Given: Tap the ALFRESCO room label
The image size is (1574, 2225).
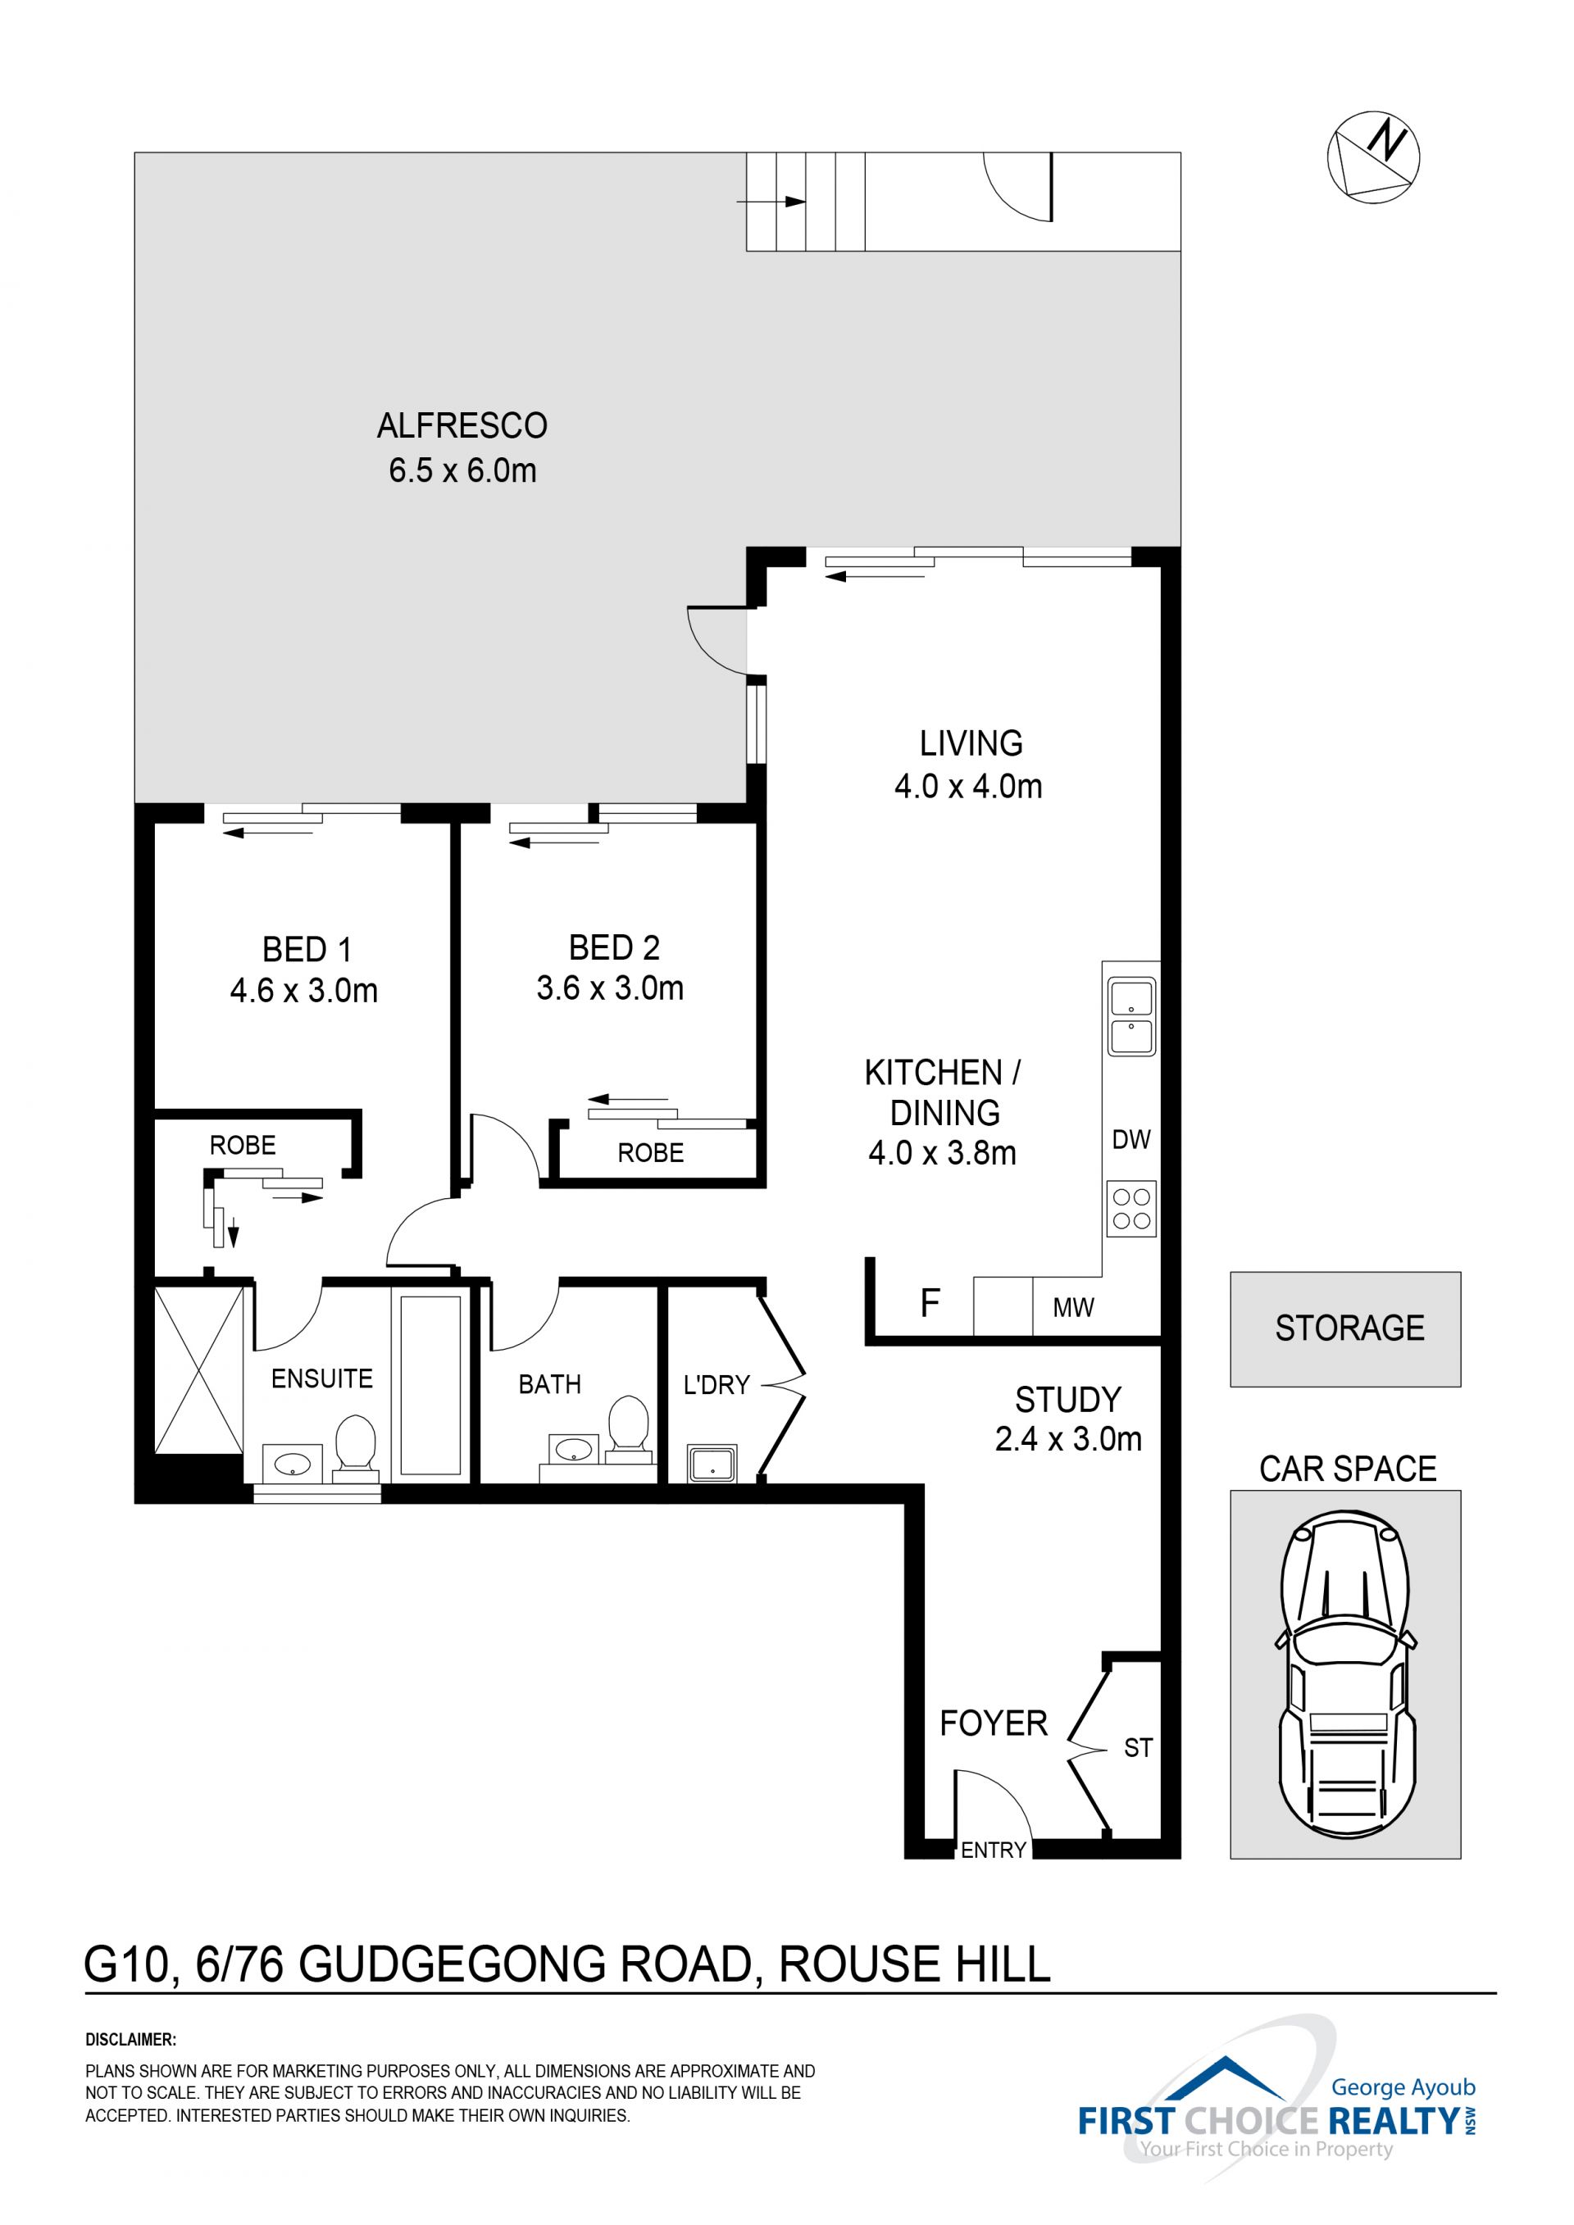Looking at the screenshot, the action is [462, 425].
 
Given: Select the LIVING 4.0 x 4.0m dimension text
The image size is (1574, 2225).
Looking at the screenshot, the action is [969, 786].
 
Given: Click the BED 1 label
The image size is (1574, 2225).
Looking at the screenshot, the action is [307, 950].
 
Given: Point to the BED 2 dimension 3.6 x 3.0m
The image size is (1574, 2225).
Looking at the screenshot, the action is [611, 988].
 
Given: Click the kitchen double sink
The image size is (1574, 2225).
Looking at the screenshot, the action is [1131, 1016].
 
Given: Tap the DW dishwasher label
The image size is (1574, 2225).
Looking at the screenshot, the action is [1131, 1140].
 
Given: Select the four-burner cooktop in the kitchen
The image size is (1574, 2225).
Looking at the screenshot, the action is [1131, 1209].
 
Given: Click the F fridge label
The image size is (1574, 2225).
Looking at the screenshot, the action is [930, 1303].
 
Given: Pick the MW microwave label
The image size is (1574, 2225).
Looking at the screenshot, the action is [1074, 1307].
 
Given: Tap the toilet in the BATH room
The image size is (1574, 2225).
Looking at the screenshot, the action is [629, 1428].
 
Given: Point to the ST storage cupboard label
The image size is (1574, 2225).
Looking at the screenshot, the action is [1138, 1748].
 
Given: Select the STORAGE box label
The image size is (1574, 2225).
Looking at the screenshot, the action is [1350, 1328].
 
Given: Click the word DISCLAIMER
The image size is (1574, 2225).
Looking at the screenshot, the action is [131, 2040].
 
